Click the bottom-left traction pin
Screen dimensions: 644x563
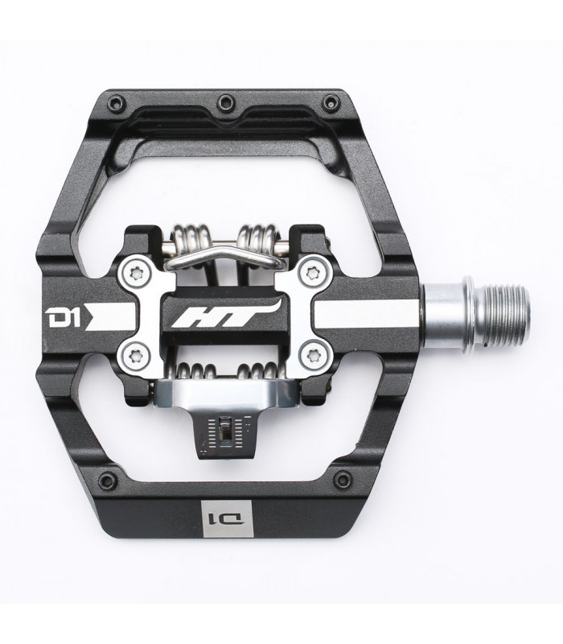[106, 481]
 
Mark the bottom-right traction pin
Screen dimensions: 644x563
[343, 480]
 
